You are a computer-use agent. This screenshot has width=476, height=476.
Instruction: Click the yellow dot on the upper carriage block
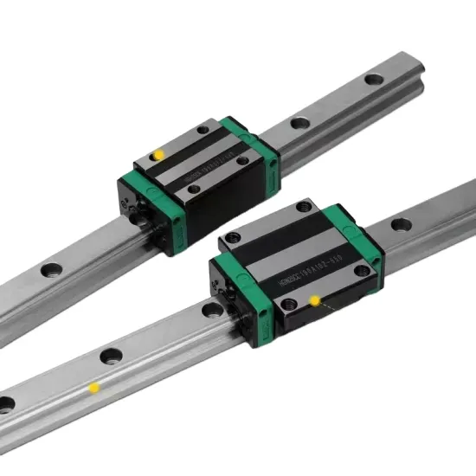point(158,155)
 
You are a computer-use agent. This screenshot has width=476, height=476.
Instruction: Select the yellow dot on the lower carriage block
point(315,300)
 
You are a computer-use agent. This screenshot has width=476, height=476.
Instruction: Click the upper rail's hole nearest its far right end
point(374,79)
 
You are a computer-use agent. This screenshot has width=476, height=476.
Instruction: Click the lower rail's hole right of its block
point(400,225)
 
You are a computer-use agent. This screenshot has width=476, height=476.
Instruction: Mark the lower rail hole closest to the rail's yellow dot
point(110,355)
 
